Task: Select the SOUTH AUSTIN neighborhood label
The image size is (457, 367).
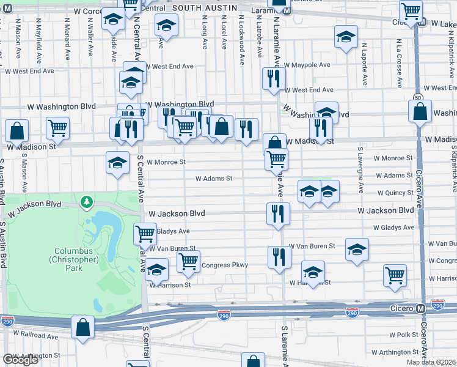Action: click(204, 7)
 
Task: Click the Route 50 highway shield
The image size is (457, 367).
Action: click(418, 97)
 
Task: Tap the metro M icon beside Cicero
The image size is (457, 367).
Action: click(421, 308)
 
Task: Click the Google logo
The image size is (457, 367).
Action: click(20, 360)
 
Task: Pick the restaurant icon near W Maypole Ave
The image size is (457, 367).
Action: click(274, 78)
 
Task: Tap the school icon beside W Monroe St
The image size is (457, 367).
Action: click(117, 163)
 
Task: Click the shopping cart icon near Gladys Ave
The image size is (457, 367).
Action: click(145, 233)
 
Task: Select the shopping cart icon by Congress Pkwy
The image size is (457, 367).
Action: click(189, 261)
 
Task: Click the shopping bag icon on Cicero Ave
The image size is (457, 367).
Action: click(420, 112)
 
